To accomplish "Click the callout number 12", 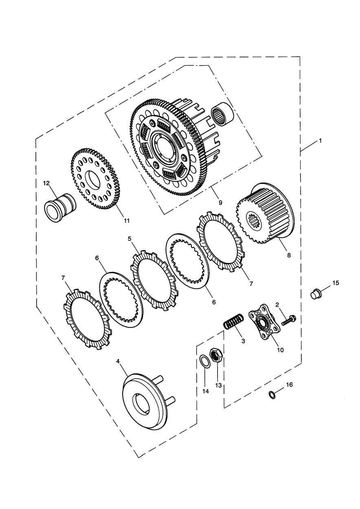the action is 46,183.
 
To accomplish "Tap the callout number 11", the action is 127,220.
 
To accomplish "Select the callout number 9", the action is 220,202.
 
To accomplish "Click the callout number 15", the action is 336,283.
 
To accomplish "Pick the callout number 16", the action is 289,384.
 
